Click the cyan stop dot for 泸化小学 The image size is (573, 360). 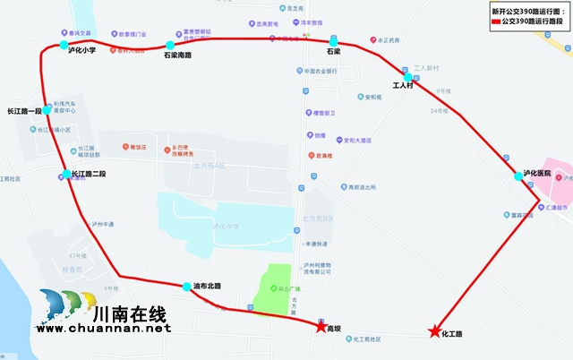pos(64,45)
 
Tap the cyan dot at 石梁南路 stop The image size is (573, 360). pos(169,45)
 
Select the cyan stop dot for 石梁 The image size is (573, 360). pos(333,42)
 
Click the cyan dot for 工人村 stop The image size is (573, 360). pos(408,77)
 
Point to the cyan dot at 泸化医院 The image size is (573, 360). pos(518,176)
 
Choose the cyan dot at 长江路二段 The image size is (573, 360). pos(65,174)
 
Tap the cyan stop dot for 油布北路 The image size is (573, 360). pos(187,287)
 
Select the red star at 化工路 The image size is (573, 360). pos(434,331)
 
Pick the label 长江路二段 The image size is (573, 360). pos(87,174)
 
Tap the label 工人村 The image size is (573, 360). pos(404,87)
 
